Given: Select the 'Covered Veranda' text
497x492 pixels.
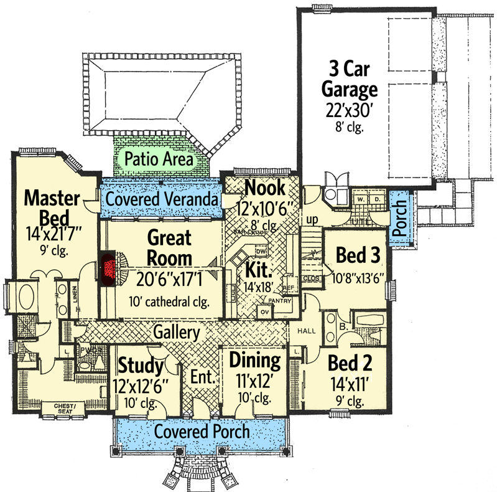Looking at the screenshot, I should point(161,199).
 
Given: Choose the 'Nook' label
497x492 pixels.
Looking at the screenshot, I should point(264,186).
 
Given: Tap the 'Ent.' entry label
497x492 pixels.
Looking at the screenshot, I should point(203,377).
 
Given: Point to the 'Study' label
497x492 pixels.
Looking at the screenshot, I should point(140,364).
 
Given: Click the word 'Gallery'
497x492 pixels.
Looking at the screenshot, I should point(177,332).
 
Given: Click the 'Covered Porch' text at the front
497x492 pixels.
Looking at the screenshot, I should point(202,431).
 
